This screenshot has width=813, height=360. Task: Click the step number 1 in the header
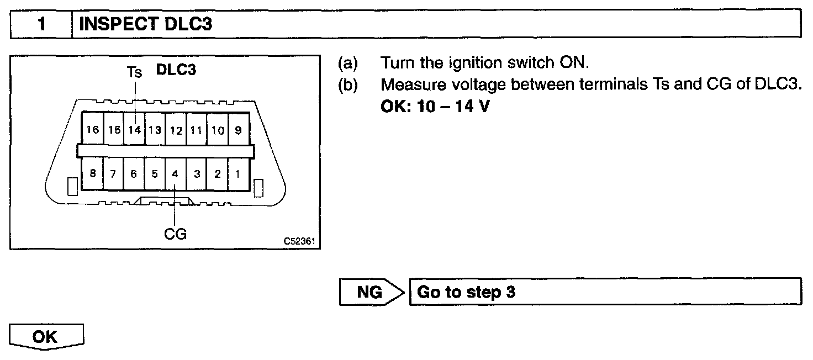(x=41, y=24)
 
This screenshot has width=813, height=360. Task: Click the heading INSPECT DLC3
(x=146, y=24)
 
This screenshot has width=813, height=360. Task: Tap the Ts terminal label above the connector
(x=134, y=72)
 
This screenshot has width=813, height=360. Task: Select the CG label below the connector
(x=175, y=234)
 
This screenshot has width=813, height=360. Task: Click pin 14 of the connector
(x=134, y=130)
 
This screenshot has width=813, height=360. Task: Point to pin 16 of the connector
(x=93, y=130)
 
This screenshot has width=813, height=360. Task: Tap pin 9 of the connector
(x=238, y=130)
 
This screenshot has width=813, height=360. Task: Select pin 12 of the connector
(x=176, y=130)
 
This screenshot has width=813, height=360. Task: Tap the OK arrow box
(x=46, y=337)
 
